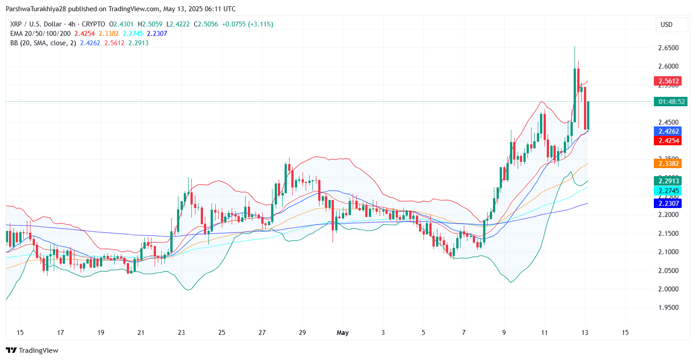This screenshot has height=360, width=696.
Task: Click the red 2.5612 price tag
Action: coord(667,81)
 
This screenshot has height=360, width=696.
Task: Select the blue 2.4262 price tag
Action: coord(667,131)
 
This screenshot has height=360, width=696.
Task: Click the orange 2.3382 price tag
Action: coord(667,164)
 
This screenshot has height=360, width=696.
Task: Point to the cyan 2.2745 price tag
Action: coord(667,191)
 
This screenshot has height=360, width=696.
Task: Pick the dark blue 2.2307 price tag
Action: coord(667,204)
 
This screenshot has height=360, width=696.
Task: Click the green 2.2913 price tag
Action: coord(667,181)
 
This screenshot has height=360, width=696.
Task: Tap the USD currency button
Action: coord(667,25)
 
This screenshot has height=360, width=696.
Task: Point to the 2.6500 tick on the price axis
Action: coord(667,48)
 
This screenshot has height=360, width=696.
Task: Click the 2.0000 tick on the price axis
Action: coord(667,289)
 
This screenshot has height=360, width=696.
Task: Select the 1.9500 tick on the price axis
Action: coord(667,308)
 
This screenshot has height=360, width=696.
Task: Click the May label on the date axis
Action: coord(342,333)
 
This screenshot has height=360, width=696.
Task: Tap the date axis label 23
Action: coord(181,333)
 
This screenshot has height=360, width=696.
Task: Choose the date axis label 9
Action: coord(504,333)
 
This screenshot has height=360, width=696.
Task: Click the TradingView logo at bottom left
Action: coord(32,351)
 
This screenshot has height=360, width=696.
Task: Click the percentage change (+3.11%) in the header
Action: coord(258,24)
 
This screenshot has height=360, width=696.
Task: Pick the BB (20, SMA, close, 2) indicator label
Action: coord(43,43)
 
